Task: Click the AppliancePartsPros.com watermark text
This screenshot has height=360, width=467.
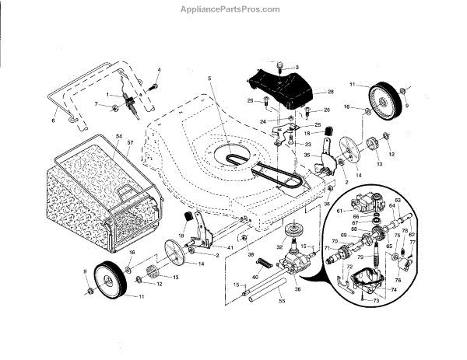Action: coord(233,9)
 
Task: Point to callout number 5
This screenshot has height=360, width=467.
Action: coord(209,79)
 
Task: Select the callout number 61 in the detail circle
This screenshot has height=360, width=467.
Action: coord(340,210)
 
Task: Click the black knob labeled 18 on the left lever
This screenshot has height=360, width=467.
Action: coord(188,217)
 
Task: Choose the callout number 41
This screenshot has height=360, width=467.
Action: coord(230,247)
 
